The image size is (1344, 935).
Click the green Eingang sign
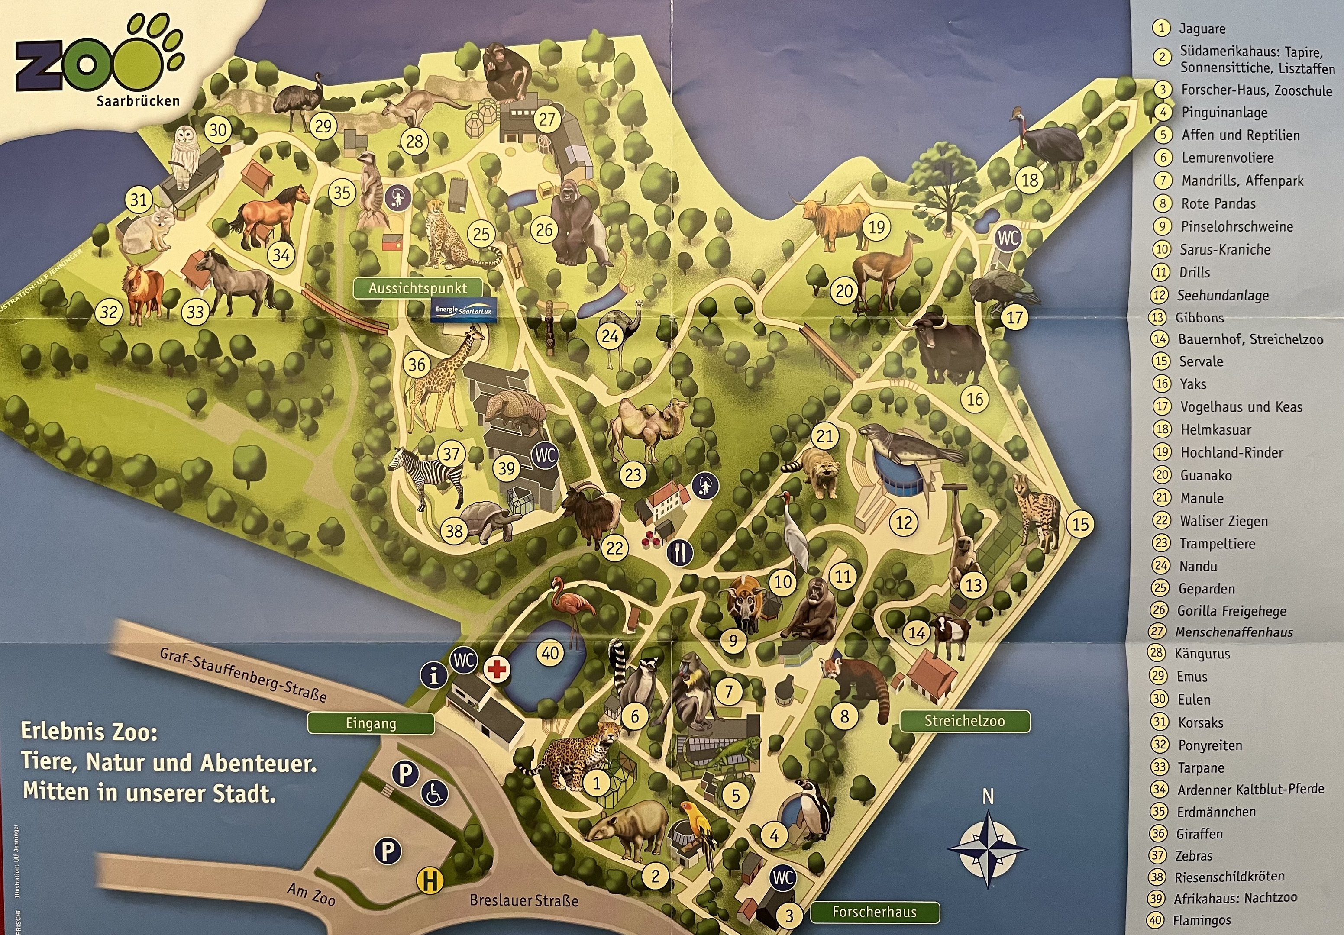pos(371,723)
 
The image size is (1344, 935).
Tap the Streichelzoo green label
pos(964,721)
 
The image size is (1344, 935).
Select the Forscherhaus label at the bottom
pos(875,912)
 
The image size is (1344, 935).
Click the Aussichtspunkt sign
pos(418,288)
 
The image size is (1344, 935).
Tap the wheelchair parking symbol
pos(434,794)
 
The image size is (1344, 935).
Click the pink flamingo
pos(571,609)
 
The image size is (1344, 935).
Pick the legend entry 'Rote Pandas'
pos(1218,203)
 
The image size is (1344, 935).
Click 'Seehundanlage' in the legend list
pos(1223,296)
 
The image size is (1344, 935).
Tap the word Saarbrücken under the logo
pos(138,100)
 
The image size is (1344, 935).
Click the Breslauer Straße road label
pos(524,900)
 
